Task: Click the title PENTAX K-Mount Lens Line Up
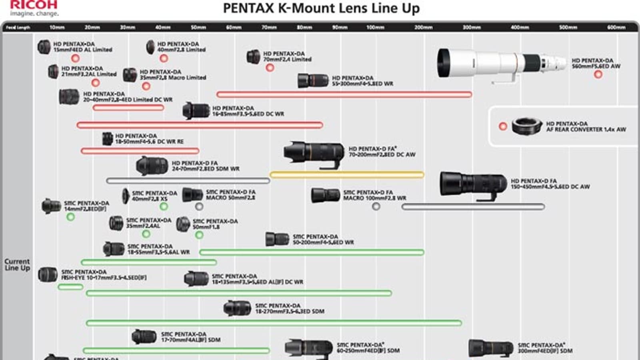click(x=321, y=8)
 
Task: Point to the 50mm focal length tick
click(x=198, y=27)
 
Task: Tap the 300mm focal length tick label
click(x=472, y=27)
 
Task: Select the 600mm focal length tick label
click(x=616, y=27)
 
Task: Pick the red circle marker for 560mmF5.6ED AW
click(x=598, y=74)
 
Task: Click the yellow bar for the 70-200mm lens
click(x=347, y=175)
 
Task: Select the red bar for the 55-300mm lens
click(x=344, y=95)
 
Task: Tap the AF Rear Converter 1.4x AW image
click(x=526, y=126)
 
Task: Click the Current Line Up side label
click(x=17, y=264)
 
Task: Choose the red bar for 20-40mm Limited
click(x=128, y=108)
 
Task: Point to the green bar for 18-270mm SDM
click(x=274, y=323)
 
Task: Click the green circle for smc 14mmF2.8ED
click(x=71, y=217)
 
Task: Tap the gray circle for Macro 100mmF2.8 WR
click(x=376, y=206)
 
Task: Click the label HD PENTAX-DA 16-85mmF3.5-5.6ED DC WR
click(x=248, y=111)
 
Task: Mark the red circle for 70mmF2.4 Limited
click(x=270, y=68)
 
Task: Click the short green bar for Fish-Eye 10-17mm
click(x=70, y=287)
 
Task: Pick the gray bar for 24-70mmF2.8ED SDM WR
click(x=188, y=181)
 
